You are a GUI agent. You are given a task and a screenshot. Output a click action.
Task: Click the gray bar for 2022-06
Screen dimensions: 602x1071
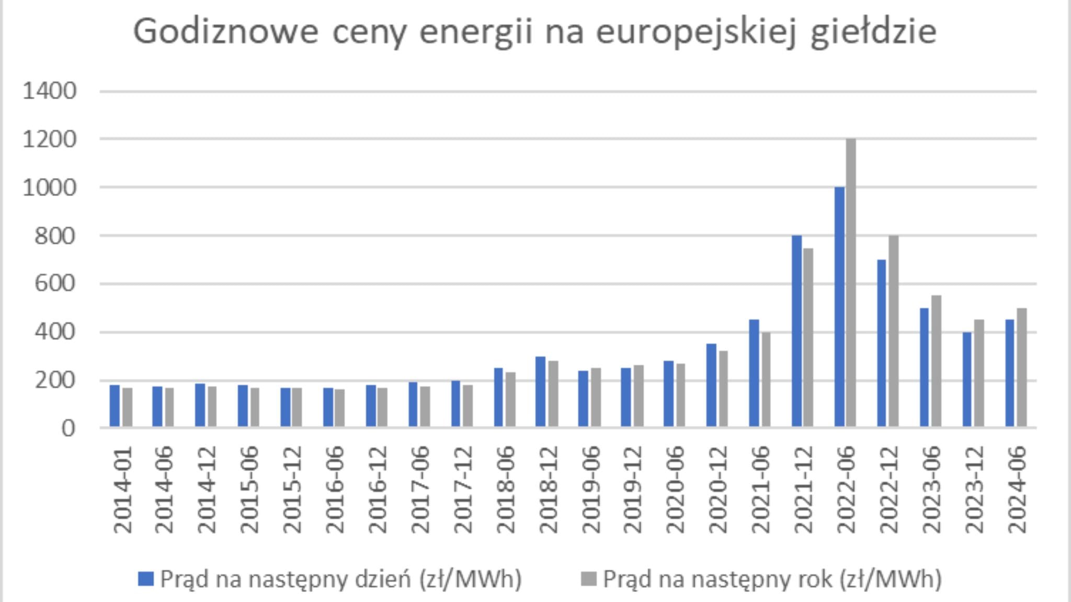[x=851, y=283]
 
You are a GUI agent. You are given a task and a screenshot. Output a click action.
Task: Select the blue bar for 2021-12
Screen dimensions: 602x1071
[x=796, y=331]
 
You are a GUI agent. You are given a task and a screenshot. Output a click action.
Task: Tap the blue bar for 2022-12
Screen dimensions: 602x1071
[x=882, y=343]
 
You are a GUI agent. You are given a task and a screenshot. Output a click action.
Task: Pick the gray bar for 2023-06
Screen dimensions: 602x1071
[x=936, y=361]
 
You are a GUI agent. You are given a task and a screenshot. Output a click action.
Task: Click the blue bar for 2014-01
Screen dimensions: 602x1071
[x=115, y=406]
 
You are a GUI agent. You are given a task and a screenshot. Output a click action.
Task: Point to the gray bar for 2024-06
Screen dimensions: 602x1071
[x=1021, y=368]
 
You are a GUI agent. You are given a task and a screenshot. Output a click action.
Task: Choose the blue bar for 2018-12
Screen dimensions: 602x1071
[x=541, y=392]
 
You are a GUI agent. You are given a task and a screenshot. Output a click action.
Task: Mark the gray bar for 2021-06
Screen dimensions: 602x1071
[x=766, y=380]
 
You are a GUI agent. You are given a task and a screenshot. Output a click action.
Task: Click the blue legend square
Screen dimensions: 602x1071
[x=146, y=579]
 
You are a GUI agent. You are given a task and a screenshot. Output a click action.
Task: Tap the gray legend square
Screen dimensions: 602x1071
[x=589, y=579]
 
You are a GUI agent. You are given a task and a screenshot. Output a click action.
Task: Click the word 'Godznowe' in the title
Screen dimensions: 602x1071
[x=225, y=31]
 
